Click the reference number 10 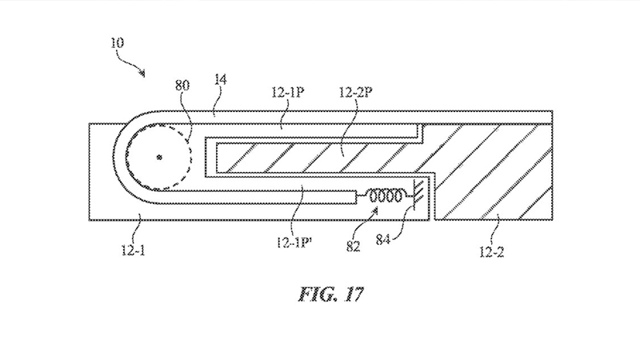tap(117, 43)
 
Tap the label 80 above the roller tap(182, 86)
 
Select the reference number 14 tap(220, 79)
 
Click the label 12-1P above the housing tap(288, 92)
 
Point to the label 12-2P tap(355, 92)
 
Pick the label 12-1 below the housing tap(134, 250)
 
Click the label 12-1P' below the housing tap(294, 243)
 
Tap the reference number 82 tap(354, 246)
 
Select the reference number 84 tap(383, 239)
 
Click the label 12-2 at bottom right tap(492, 252)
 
